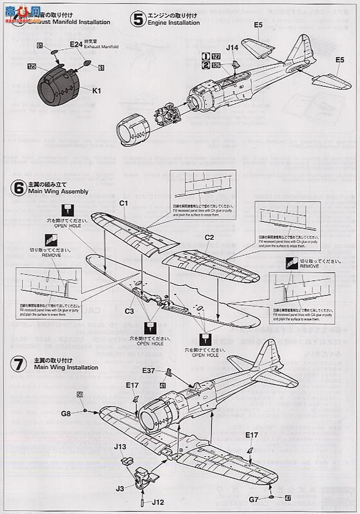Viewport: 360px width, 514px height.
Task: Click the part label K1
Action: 98,90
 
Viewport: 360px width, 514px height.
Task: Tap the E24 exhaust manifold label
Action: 76,44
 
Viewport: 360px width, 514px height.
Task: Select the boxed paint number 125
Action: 31,66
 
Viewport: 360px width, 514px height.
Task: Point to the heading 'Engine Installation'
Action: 175,23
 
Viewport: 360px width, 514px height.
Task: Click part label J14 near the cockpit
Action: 231,47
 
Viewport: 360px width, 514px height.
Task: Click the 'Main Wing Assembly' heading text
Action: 58,191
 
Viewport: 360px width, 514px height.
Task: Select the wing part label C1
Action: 123,203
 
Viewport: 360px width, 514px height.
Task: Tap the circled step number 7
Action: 17,364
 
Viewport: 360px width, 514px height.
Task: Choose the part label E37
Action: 149,370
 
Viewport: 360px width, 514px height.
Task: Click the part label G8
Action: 66,414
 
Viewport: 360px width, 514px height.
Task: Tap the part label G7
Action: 253,499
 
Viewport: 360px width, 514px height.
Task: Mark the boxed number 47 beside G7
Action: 288,499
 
